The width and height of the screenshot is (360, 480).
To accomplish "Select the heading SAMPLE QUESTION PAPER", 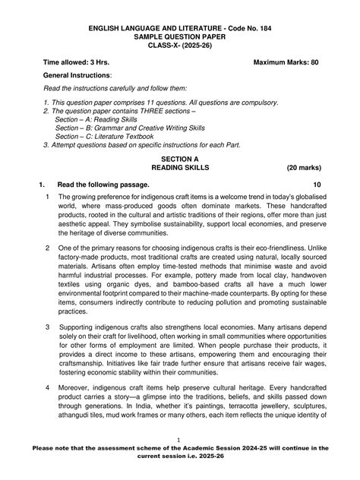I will tap(179, 37).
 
